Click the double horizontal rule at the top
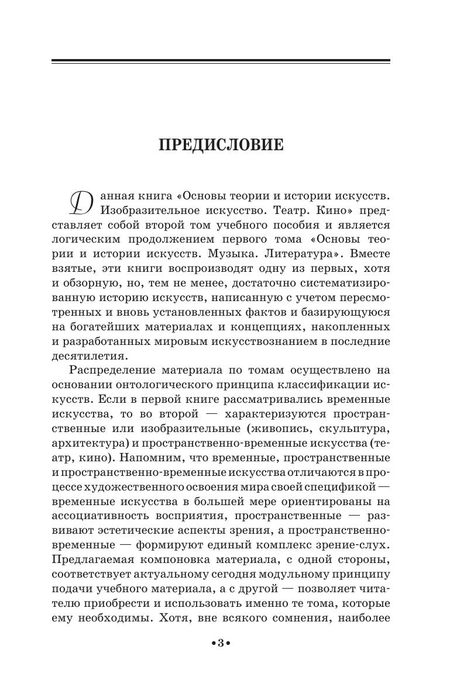click(x=221, y=61)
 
